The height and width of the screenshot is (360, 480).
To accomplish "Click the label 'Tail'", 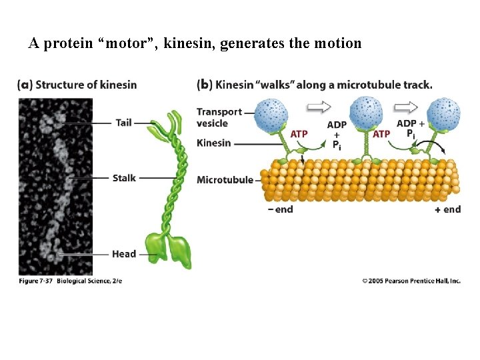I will coord(123,123).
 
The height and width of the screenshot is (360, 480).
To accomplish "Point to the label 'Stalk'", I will coord(124,178).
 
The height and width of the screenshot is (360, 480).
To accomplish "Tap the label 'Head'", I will coord(124,254).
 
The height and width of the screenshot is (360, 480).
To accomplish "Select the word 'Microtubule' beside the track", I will coord(225,180).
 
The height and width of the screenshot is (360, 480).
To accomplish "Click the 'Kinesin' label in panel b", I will coord(213,143).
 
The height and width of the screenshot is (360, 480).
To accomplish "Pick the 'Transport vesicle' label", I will coord(219,117).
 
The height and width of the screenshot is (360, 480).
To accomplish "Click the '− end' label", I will coord(279,209).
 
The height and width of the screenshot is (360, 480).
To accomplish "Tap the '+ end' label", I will coord(447,209).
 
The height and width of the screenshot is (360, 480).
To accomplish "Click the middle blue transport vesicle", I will coord(365,115).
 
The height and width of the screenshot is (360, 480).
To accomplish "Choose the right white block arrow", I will coord(406,107).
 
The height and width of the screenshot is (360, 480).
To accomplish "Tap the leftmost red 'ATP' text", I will coord(299,134).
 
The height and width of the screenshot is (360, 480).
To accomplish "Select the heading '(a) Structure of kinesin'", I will coord(77,85).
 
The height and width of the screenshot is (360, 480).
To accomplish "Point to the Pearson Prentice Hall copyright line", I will coord(411,281).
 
